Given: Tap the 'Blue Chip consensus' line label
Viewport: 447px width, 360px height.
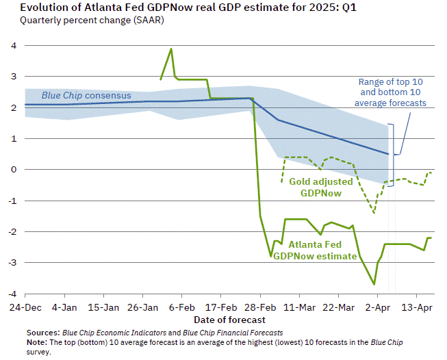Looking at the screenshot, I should (x=86, y=96).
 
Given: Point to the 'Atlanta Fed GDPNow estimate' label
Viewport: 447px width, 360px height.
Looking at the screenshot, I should (x=316, y=250).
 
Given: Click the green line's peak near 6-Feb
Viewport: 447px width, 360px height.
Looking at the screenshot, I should (x=170, y=49).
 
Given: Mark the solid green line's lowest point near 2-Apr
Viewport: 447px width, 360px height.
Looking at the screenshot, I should (x=374, y=284).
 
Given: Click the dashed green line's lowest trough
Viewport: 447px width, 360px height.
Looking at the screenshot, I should (x=374, y=212).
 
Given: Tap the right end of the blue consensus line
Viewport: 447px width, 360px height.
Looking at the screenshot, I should (x=388, y=154).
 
